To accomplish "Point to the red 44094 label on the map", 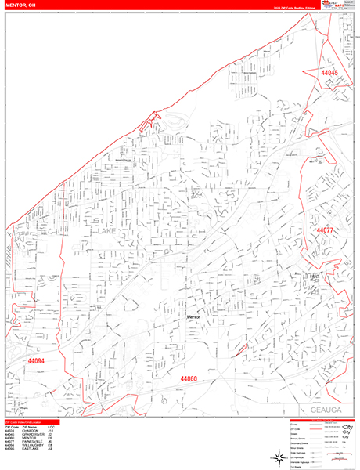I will [x=36, y=362].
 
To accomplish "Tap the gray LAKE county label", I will [x=105, y=232].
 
